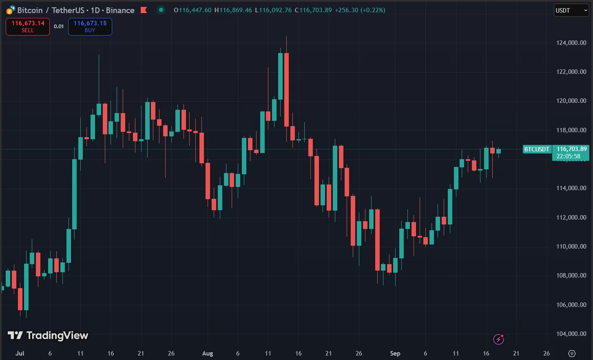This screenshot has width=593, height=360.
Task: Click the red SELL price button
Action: pos(28,27)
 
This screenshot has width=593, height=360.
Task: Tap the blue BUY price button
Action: pos(90,27)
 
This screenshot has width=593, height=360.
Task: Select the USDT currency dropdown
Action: pos(571,10)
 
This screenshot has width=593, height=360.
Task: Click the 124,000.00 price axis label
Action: pos(571,42)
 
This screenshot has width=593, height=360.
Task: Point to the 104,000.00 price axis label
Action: pos(571,333)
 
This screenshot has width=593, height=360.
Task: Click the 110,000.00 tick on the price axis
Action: pos(571,246)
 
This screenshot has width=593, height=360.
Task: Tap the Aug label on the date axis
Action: pos(208,353)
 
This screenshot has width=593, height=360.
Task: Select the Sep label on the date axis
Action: pos(395,353)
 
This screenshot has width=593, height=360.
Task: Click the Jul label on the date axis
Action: pos(20,353)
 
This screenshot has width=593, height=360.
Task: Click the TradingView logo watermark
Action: pos(48,336)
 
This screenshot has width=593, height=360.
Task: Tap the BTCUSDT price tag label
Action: pos(537,149)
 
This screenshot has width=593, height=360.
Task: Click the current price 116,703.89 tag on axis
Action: pos(571,149)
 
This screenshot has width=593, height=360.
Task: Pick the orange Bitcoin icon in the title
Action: pos(10,10)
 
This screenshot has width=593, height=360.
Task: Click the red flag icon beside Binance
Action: pos(144,10)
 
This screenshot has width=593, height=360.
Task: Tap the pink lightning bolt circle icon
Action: pos(498,339)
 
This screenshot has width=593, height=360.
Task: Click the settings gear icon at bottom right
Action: pos(572,353)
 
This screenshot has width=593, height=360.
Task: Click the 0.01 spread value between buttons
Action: pos(59,27)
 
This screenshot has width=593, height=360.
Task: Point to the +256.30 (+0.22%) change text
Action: pos(360,10)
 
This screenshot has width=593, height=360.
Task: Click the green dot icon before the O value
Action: pos(161,10)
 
